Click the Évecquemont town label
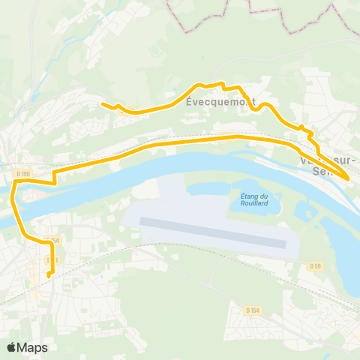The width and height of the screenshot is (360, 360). coord(220,103)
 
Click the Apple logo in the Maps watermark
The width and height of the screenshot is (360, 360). coord(12,347)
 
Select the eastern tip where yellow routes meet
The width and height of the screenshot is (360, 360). coord(346,179)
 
